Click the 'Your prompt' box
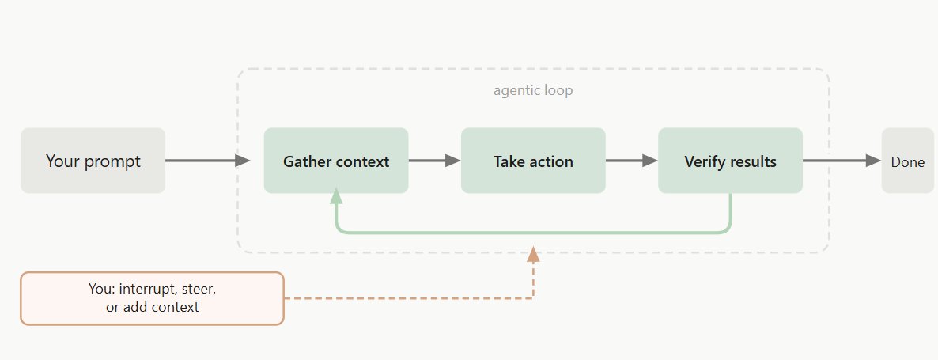[93, 161]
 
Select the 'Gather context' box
[335, 161]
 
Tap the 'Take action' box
[533, 161]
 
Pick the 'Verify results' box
[731, 161]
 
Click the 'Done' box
[907, 161]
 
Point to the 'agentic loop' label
[533, 90]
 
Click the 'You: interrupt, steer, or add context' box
[152, 298]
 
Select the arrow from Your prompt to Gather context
[207, 161]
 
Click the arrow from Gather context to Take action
[434, 161]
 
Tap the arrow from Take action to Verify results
[632, 161]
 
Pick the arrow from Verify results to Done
[842, 161]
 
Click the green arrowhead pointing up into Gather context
[336, 195]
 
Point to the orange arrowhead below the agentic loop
[533, 254]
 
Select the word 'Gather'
[304, 161]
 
